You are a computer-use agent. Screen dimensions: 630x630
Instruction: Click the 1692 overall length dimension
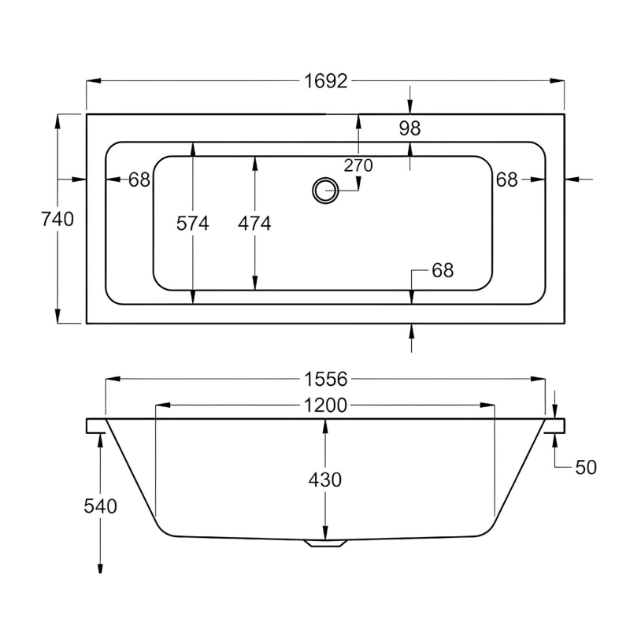[325, 82]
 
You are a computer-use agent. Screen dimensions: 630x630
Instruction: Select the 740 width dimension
[57, 220]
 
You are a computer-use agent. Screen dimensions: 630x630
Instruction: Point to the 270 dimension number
[358, 165]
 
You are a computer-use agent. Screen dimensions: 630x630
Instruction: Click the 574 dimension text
[193, 224]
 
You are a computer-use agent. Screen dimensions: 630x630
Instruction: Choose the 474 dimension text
[254, 224]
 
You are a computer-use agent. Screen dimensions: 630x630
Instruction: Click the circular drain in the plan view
[324, 190]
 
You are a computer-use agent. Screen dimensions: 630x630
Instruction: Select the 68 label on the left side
[139, 180]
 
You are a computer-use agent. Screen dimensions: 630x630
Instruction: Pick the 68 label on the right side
[507, 180]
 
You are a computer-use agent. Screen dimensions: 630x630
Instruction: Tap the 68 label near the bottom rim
[443, 271]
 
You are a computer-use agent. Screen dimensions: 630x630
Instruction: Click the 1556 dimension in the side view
[326, 380]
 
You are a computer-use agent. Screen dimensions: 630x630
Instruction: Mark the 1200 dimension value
[326, 406]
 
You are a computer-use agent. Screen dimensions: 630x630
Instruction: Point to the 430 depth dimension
[325, 479]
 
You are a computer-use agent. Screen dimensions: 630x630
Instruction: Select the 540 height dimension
[100, 506]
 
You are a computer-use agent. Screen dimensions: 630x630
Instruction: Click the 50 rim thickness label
[585, 467]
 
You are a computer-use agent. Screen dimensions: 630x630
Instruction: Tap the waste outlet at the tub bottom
[325, 543]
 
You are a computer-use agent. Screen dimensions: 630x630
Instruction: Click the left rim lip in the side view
[96, 425]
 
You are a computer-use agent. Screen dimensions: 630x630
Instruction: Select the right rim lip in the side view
[555, 425]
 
